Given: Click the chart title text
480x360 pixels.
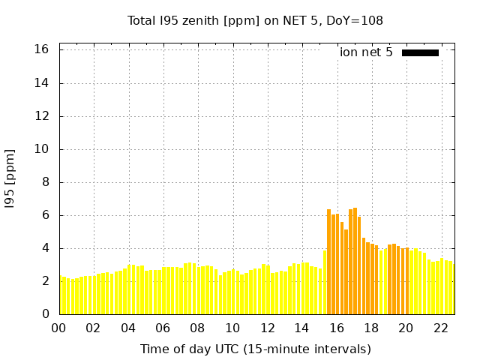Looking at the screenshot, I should (255, 20).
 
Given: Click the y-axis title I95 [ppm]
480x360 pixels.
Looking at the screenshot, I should (10, 179).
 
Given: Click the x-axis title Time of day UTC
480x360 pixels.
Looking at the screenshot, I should (255, 349).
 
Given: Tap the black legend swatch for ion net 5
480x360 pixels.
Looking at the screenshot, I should (420, 52).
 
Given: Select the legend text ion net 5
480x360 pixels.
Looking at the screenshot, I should (366, 52).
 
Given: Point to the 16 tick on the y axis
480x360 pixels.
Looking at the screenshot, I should (41, 49).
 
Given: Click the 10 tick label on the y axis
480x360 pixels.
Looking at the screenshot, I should (41, 149).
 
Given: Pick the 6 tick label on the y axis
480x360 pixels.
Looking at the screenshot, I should (44, 215).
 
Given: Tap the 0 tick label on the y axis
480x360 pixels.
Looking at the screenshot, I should (44, 314).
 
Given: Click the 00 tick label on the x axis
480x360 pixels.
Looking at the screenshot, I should (59, 328).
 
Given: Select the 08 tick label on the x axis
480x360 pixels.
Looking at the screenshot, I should (198, 328).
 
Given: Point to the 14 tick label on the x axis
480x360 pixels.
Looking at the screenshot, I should (302, 328).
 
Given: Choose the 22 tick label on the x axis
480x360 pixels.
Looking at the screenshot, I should (441, 328).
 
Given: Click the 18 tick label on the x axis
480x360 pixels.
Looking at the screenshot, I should (371, 328).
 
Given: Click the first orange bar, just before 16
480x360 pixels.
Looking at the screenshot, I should (328, 262).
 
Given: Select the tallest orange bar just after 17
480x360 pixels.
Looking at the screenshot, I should (355, 262).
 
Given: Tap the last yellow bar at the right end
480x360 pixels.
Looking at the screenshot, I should (451, 289).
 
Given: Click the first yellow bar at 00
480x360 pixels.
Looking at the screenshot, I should (61, 296).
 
